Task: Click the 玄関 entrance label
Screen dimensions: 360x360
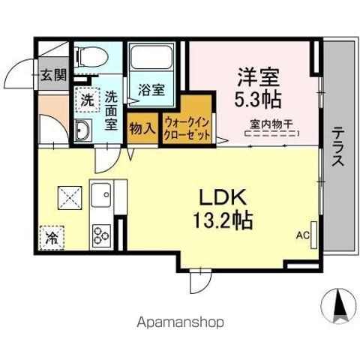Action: (x=52, y=74)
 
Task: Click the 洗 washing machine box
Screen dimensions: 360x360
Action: (x=88, y=98)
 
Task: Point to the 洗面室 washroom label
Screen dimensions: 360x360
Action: (x=111, y=110)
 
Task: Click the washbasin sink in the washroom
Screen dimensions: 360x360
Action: (x=84, y=131)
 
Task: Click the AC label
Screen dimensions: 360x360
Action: (x=302, y=235)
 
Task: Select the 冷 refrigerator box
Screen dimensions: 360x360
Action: (x=52, y=239)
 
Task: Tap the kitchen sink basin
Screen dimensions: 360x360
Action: (x=101, y=197)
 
